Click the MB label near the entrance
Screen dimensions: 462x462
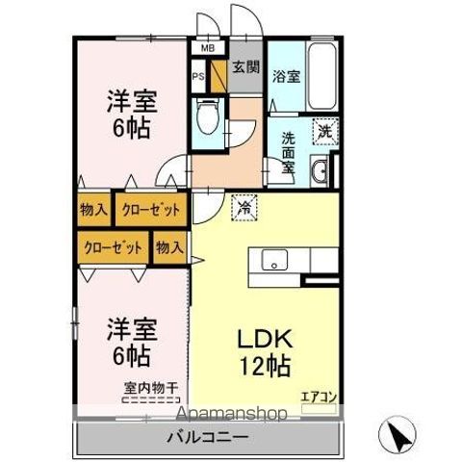(207, 46)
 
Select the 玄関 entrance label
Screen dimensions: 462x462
(245, 67)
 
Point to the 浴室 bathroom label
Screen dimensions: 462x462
(286, 77)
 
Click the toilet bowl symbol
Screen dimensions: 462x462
(205, 118)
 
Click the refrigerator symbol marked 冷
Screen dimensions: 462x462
(244, 205)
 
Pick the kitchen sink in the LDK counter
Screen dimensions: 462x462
(273, 259)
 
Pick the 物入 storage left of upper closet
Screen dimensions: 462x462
(93, 209)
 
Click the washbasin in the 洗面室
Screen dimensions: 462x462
(322, 173)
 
